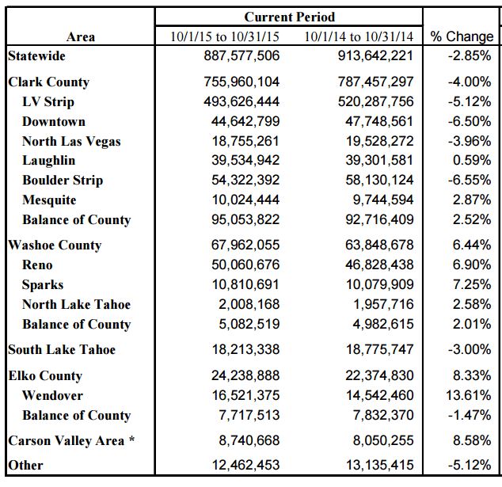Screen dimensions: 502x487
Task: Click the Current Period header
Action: (x=290, y=17)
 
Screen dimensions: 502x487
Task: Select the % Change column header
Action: (x=462, y=36)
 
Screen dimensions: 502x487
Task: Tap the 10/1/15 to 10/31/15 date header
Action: (x=225, y=36)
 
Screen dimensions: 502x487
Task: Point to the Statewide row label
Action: (x=36, y=56)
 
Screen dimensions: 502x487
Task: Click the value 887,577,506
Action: (x=241, y=55)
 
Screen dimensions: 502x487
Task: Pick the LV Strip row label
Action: (x=48, y=102)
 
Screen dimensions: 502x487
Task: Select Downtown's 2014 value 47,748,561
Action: (x=379, y=121)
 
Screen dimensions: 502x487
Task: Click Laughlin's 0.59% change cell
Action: (x=472, y=160)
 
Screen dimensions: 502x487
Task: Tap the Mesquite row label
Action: (x=49, y=200)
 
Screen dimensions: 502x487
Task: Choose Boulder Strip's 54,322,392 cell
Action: (x=245, y=180)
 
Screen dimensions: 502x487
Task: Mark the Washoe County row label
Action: (x=55, y=245)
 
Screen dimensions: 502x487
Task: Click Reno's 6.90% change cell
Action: (x=472, y=264)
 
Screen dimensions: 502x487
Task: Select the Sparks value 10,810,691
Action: (x=245, y=284)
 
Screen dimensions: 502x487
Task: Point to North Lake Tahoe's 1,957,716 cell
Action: (x=383, y=304)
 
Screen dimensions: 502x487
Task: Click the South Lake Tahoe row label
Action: (x=62, y=350)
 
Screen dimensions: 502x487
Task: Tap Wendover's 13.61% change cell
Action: (x=469, y=395)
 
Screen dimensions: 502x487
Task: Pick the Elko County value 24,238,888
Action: (x=245, y=375)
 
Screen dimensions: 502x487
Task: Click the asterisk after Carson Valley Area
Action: (x=131, y=439)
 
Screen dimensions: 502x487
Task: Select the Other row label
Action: (x=25, y=466)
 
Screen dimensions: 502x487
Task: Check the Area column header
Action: (x=81, y=36)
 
